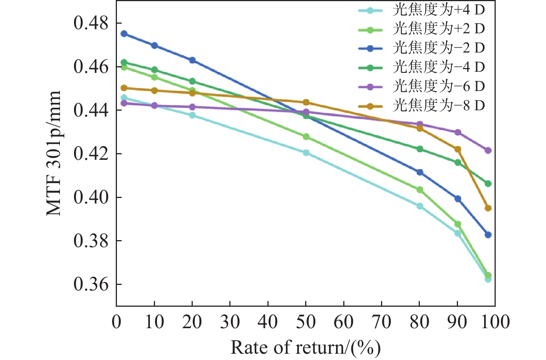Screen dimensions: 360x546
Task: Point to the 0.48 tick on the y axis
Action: point(91,23)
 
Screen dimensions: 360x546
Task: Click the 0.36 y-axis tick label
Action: point(91,284)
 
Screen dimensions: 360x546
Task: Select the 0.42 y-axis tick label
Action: point(91,154)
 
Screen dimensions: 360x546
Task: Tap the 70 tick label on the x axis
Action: point(381,322)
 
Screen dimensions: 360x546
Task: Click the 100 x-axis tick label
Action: point(495,322)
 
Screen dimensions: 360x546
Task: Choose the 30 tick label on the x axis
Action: point(230,322)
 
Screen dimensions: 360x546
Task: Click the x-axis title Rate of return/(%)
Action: point(306,348)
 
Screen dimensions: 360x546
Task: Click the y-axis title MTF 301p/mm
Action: point(54,154)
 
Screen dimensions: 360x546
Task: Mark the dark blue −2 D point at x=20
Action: point(192,60)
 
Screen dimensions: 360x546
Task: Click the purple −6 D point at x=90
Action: point(458,132)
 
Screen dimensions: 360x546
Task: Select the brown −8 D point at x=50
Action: point(306,102)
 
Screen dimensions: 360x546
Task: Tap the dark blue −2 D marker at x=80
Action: point(419,172)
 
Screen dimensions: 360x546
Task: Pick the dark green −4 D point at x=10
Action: point(155,70)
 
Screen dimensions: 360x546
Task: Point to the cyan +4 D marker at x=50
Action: point(306,153)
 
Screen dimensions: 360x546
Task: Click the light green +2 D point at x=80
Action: point(419,190)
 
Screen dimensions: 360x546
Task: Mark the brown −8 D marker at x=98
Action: point(488,208)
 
